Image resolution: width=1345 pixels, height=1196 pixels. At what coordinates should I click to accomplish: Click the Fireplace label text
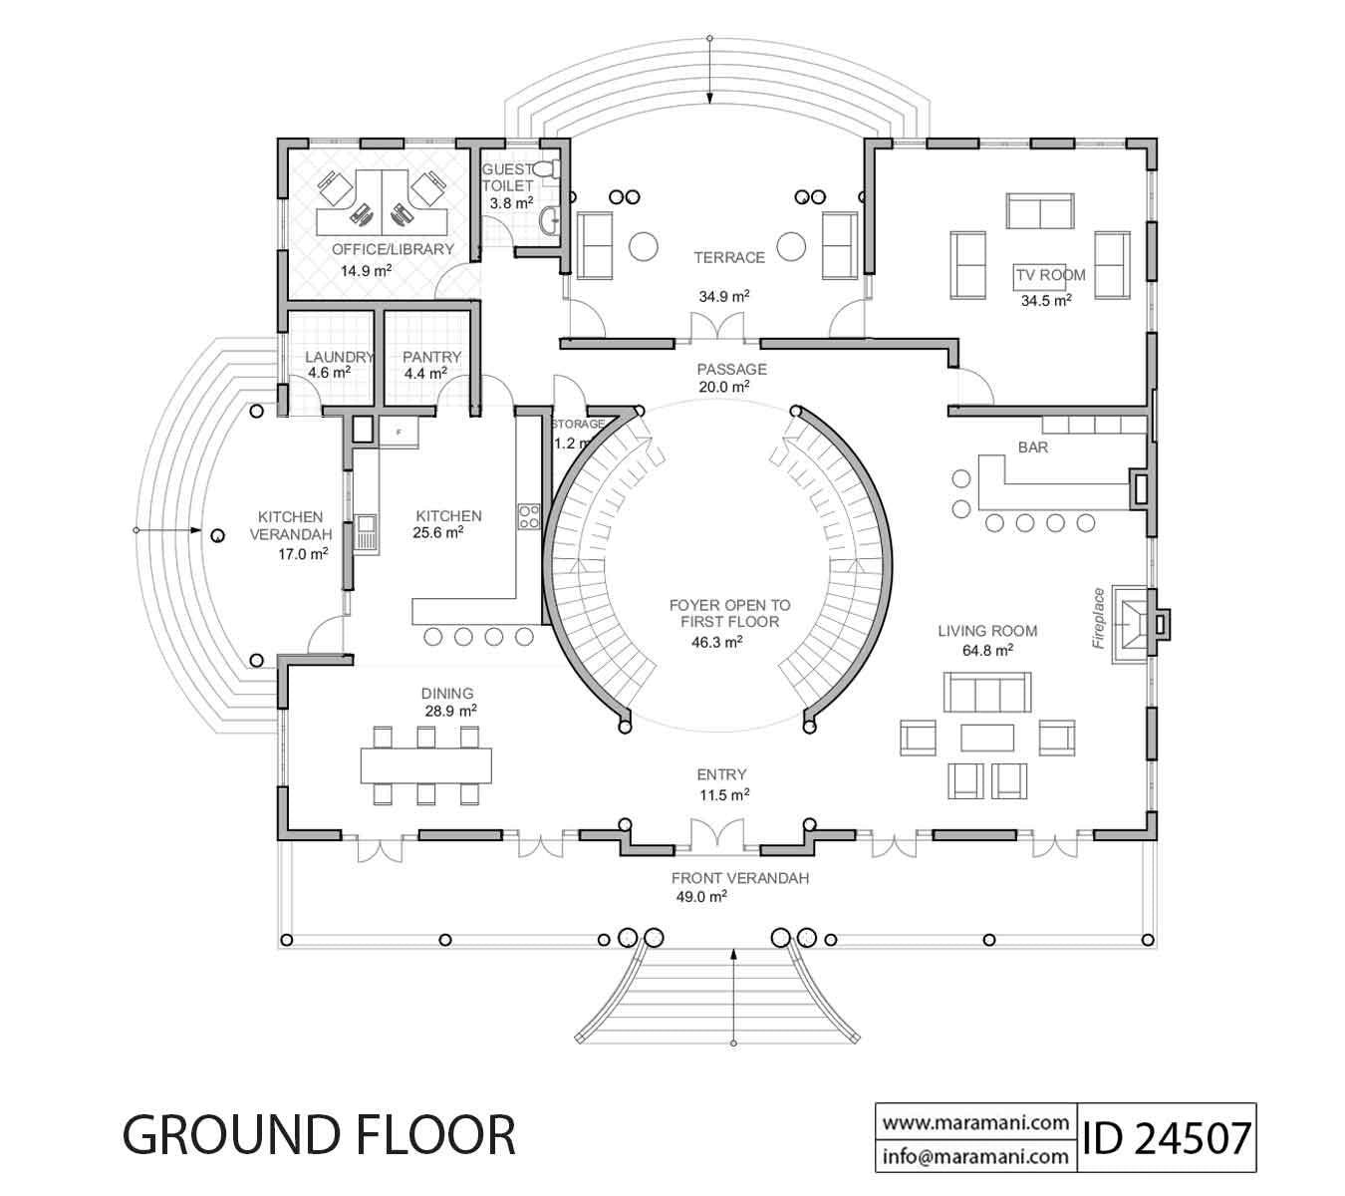coord(1098,618)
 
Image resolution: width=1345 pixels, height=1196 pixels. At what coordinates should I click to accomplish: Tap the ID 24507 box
coord(1165,1137)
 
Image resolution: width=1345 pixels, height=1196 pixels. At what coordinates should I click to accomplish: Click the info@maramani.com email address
coord(974,1157)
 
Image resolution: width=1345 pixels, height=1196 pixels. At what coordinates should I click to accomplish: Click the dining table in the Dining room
coord(426,765)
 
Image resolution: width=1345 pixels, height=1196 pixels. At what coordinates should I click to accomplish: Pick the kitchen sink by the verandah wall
coord(366,532)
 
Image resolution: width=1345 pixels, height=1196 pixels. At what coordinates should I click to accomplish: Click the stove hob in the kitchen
coord(528,515)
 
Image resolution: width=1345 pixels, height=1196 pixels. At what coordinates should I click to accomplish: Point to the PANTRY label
coord(431,357)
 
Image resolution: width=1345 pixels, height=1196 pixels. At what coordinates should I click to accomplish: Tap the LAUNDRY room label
coord(339,357)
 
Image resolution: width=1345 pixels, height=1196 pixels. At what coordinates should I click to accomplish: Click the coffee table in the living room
coord(986,737)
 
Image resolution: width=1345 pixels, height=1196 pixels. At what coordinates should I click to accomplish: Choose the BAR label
coord(1032,448)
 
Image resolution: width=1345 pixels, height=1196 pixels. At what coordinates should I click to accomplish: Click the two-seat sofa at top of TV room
coord(1040,211)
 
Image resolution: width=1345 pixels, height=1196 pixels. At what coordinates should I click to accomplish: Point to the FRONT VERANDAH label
coord(739,878)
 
